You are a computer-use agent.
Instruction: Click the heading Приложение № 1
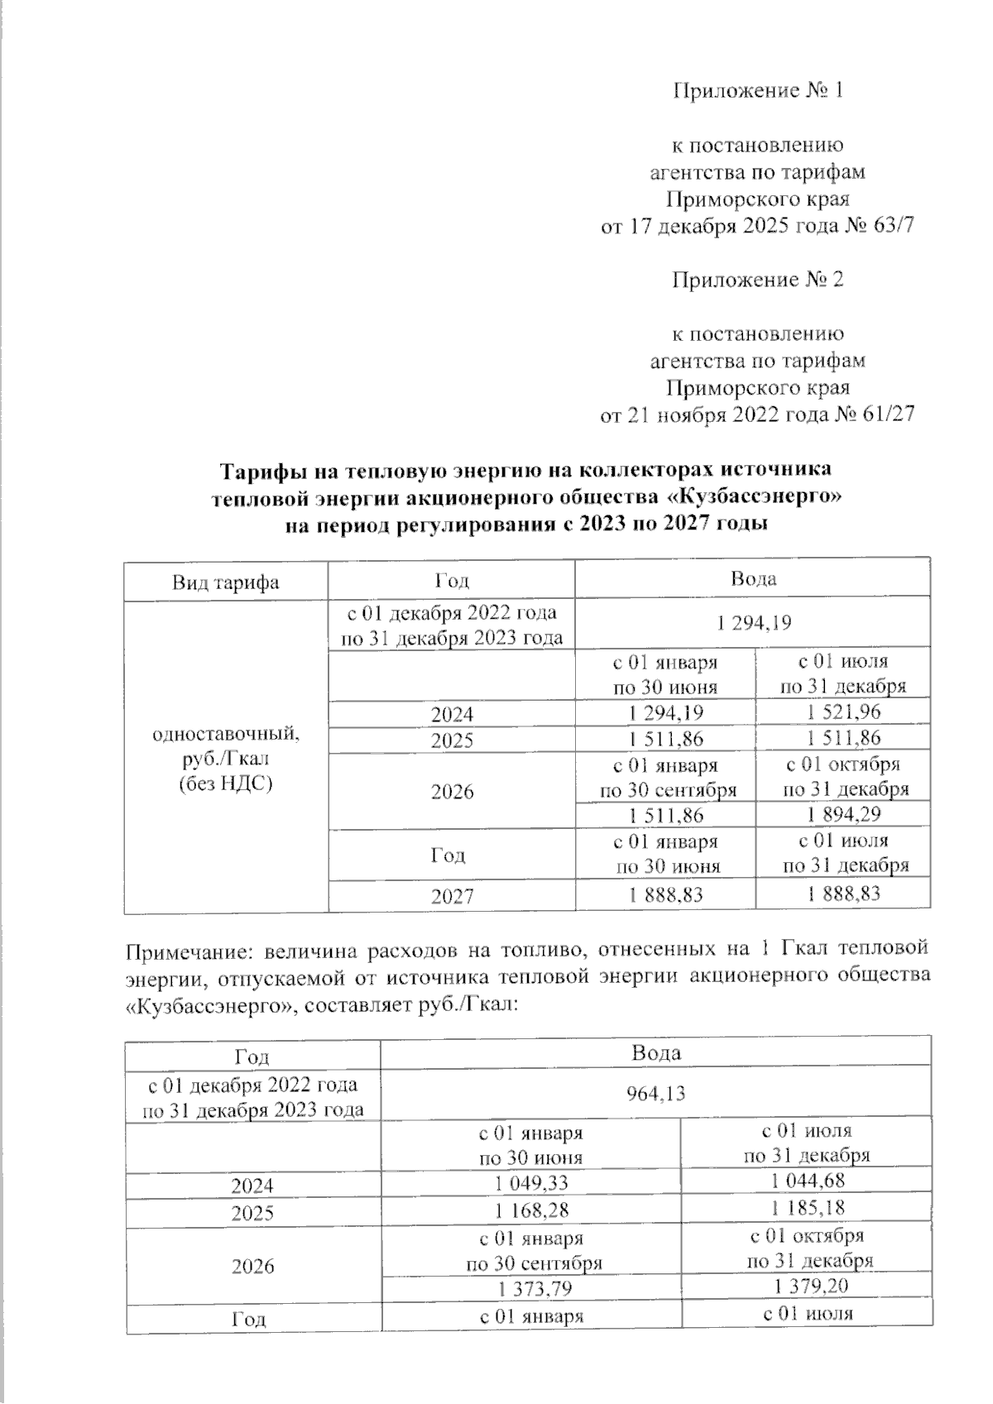coord(756,90)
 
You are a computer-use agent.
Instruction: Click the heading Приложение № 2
coord(756,280)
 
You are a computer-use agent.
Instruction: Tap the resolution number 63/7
coord(894,226)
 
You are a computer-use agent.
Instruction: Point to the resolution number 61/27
coord(889,414)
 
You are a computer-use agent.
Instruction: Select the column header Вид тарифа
coord(226,582)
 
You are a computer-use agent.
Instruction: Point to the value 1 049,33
coord(531,1184)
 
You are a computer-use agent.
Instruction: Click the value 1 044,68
coord(807,1181)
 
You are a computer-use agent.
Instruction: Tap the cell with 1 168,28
coord(531,1211)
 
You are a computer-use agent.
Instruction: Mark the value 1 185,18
coord(807,1209)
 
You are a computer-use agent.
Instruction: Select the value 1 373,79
coord(531,1289)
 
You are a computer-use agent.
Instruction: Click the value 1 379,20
coord(807,1286)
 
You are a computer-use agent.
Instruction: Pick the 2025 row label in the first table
coord(452,740)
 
